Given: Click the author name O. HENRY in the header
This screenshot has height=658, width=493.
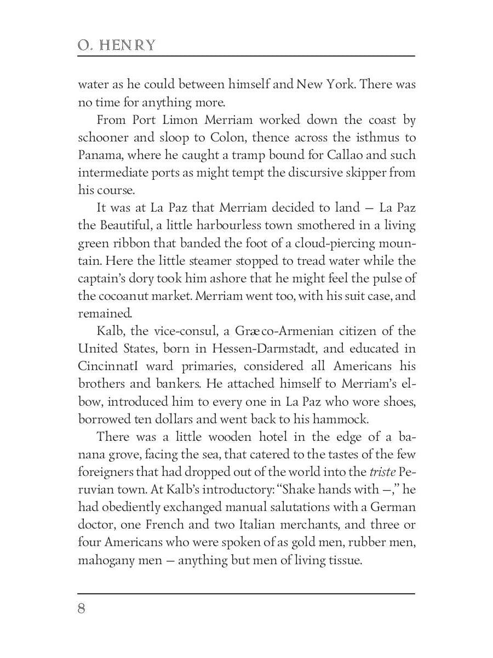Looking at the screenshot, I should coord(117,46).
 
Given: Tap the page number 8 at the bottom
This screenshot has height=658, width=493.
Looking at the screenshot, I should coord(82,609).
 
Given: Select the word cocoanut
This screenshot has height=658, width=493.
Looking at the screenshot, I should coord(119,296).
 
